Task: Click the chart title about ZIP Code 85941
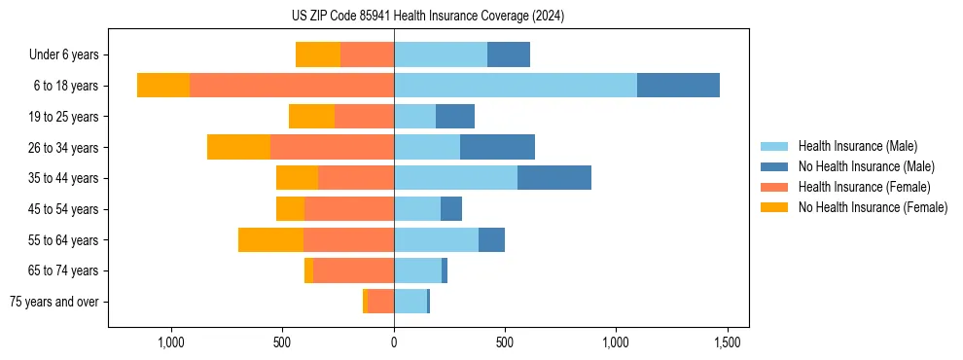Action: [427, 16]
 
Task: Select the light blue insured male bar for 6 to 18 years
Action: [516, 86]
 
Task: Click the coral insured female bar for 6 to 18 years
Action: [292, 86]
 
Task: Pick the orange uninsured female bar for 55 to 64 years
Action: [270, 239]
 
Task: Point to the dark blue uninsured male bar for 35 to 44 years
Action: [554, 178]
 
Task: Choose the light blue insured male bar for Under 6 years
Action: [441, 54]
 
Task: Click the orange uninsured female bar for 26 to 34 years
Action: [238, 147]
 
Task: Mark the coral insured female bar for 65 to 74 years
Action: [353, 270]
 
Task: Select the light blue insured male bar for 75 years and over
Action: [410, 302]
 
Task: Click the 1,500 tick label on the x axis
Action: [728, 343]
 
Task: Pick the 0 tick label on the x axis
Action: [394, 343]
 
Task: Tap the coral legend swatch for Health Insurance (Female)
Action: [774, 187]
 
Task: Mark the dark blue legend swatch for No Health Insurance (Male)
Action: [774, 166]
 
